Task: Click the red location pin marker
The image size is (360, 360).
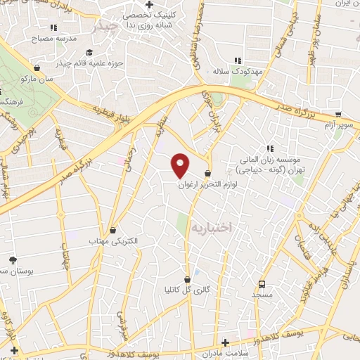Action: click(181, 164)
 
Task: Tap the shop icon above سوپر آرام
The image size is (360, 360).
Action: click(338, 115)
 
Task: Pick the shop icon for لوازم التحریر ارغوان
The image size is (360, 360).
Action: click(208, 173)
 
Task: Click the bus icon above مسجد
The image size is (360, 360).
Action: click(262, 284)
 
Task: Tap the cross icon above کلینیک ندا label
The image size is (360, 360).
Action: click(148, 4)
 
